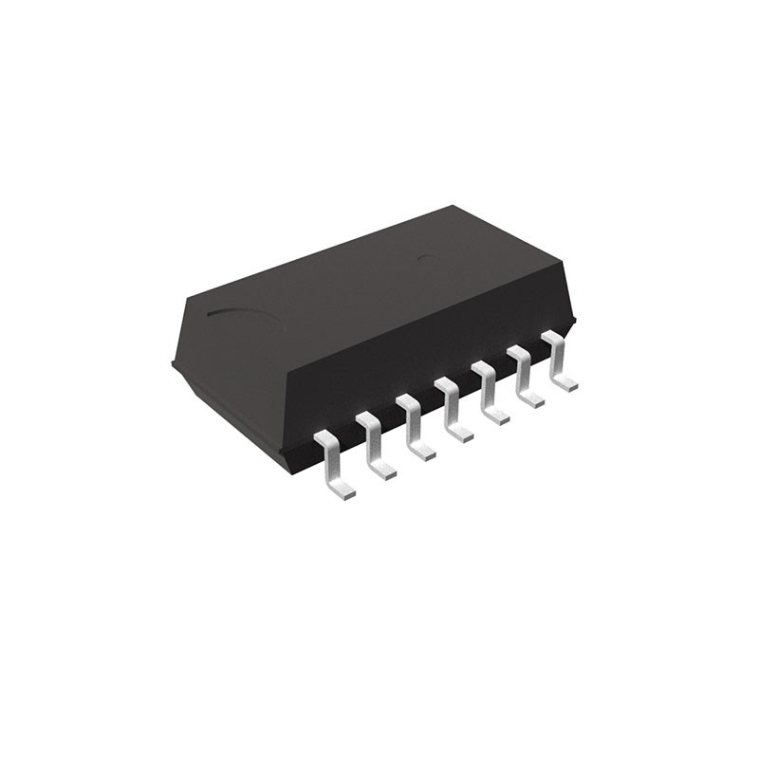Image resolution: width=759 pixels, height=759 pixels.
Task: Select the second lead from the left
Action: [x=373, y=441]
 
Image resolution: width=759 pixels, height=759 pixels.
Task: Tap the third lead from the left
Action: [x=413, y=424]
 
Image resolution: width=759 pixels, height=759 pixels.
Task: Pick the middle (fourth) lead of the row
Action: [x=451, y=406]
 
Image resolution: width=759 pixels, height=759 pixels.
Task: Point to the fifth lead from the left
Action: [x=488, y=389]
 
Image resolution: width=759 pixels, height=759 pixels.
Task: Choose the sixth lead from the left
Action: [x=524, y=373]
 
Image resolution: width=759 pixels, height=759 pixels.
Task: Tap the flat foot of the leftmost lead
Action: [x=343, y=491]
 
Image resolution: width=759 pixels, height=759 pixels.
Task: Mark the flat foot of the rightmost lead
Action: [x=566, y=384]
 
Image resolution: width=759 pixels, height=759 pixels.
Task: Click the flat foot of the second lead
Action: [x=384, y=471]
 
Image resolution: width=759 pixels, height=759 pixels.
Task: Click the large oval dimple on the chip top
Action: [x=245, y=320]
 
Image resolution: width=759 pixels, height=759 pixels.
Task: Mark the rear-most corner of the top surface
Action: [x=454, y=206]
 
